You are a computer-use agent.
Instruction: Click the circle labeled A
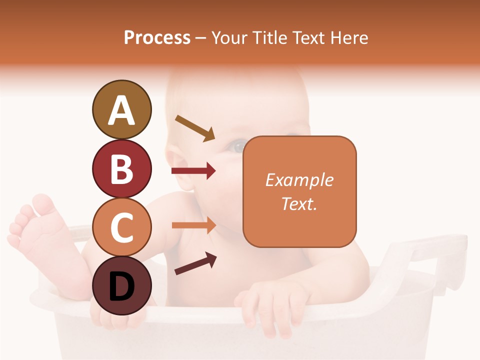pos(121,109)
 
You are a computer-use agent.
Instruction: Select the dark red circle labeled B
pos(121,168)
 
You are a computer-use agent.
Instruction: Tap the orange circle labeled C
pos(121,227)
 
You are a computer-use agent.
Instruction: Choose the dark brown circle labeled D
pos(121,285)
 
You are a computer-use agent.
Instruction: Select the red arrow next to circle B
pos(193,171)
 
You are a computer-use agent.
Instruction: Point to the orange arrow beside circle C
pos(193,225)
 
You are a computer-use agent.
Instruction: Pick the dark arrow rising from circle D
pos(195,263)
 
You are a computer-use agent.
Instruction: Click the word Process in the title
pos(157,38)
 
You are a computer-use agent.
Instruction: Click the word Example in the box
pos(299,180)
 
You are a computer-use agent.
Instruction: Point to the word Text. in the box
pos(299,203)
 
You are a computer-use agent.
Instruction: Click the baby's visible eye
pos(237,146)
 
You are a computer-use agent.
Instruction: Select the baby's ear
pos(180,170)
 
